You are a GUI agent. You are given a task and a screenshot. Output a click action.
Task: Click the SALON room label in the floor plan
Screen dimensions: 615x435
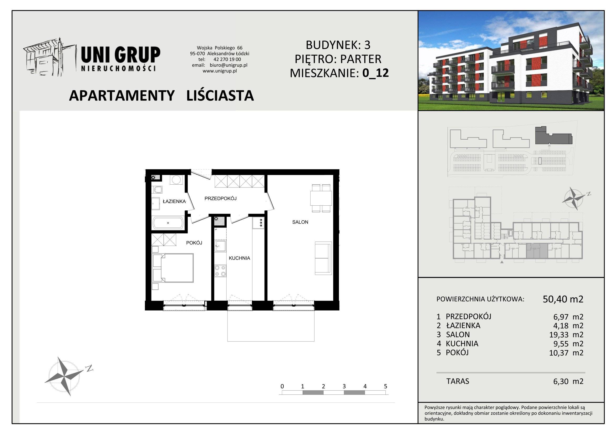pyautogui.click(x=300, y=222)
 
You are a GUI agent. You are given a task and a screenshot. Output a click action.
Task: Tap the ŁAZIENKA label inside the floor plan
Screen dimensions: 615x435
pyautogui.click(x=174, y=201)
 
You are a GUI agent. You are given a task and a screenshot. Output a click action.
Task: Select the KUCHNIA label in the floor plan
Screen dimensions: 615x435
pyautogui.click(x=239, y=258)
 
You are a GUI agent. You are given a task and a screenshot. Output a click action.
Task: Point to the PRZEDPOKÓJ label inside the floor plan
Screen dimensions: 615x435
pyautogui.click(x=220, y=199)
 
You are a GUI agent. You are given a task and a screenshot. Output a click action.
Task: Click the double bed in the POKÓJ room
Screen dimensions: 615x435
pyautogui.click(x=173, y=268)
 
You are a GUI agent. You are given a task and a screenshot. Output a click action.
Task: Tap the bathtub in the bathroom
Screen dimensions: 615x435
pyautogui.click(x=168, y=223)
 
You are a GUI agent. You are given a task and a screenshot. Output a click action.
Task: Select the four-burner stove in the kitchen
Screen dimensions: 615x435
pyautogui.click(x=220, y=271)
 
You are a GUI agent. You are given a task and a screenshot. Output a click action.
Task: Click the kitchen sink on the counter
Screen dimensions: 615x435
pyautogui.click(x=220, y=246)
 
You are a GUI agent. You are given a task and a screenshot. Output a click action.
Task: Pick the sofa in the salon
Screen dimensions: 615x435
pyautogui.click(x=323, y=258)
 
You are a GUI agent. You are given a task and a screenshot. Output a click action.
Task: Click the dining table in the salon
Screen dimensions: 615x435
pyautogui.click(x=321, y=198)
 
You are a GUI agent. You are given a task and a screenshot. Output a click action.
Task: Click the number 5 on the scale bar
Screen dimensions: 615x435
pyautogui.click(x=385, y=386)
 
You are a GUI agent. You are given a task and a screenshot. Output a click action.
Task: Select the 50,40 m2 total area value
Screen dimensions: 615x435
pyautogui.click(x=563, y=299)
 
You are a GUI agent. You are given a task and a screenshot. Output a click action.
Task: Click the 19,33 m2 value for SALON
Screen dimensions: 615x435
pyautogui.click(x=566, y=335)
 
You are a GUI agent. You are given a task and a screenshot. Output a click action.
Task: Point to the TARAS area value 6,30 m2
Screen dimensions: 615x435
pyautogui.click(x=568, y=381)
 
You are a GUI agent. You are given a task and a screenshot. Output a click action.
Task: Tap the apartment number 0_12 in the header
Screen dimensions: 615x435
pyautogui.click(x=375, y=73)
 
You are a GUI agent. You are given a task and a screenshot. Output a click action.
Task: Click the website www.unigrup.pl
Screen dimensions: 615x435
pyautogui.click(x=220, y=71)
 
